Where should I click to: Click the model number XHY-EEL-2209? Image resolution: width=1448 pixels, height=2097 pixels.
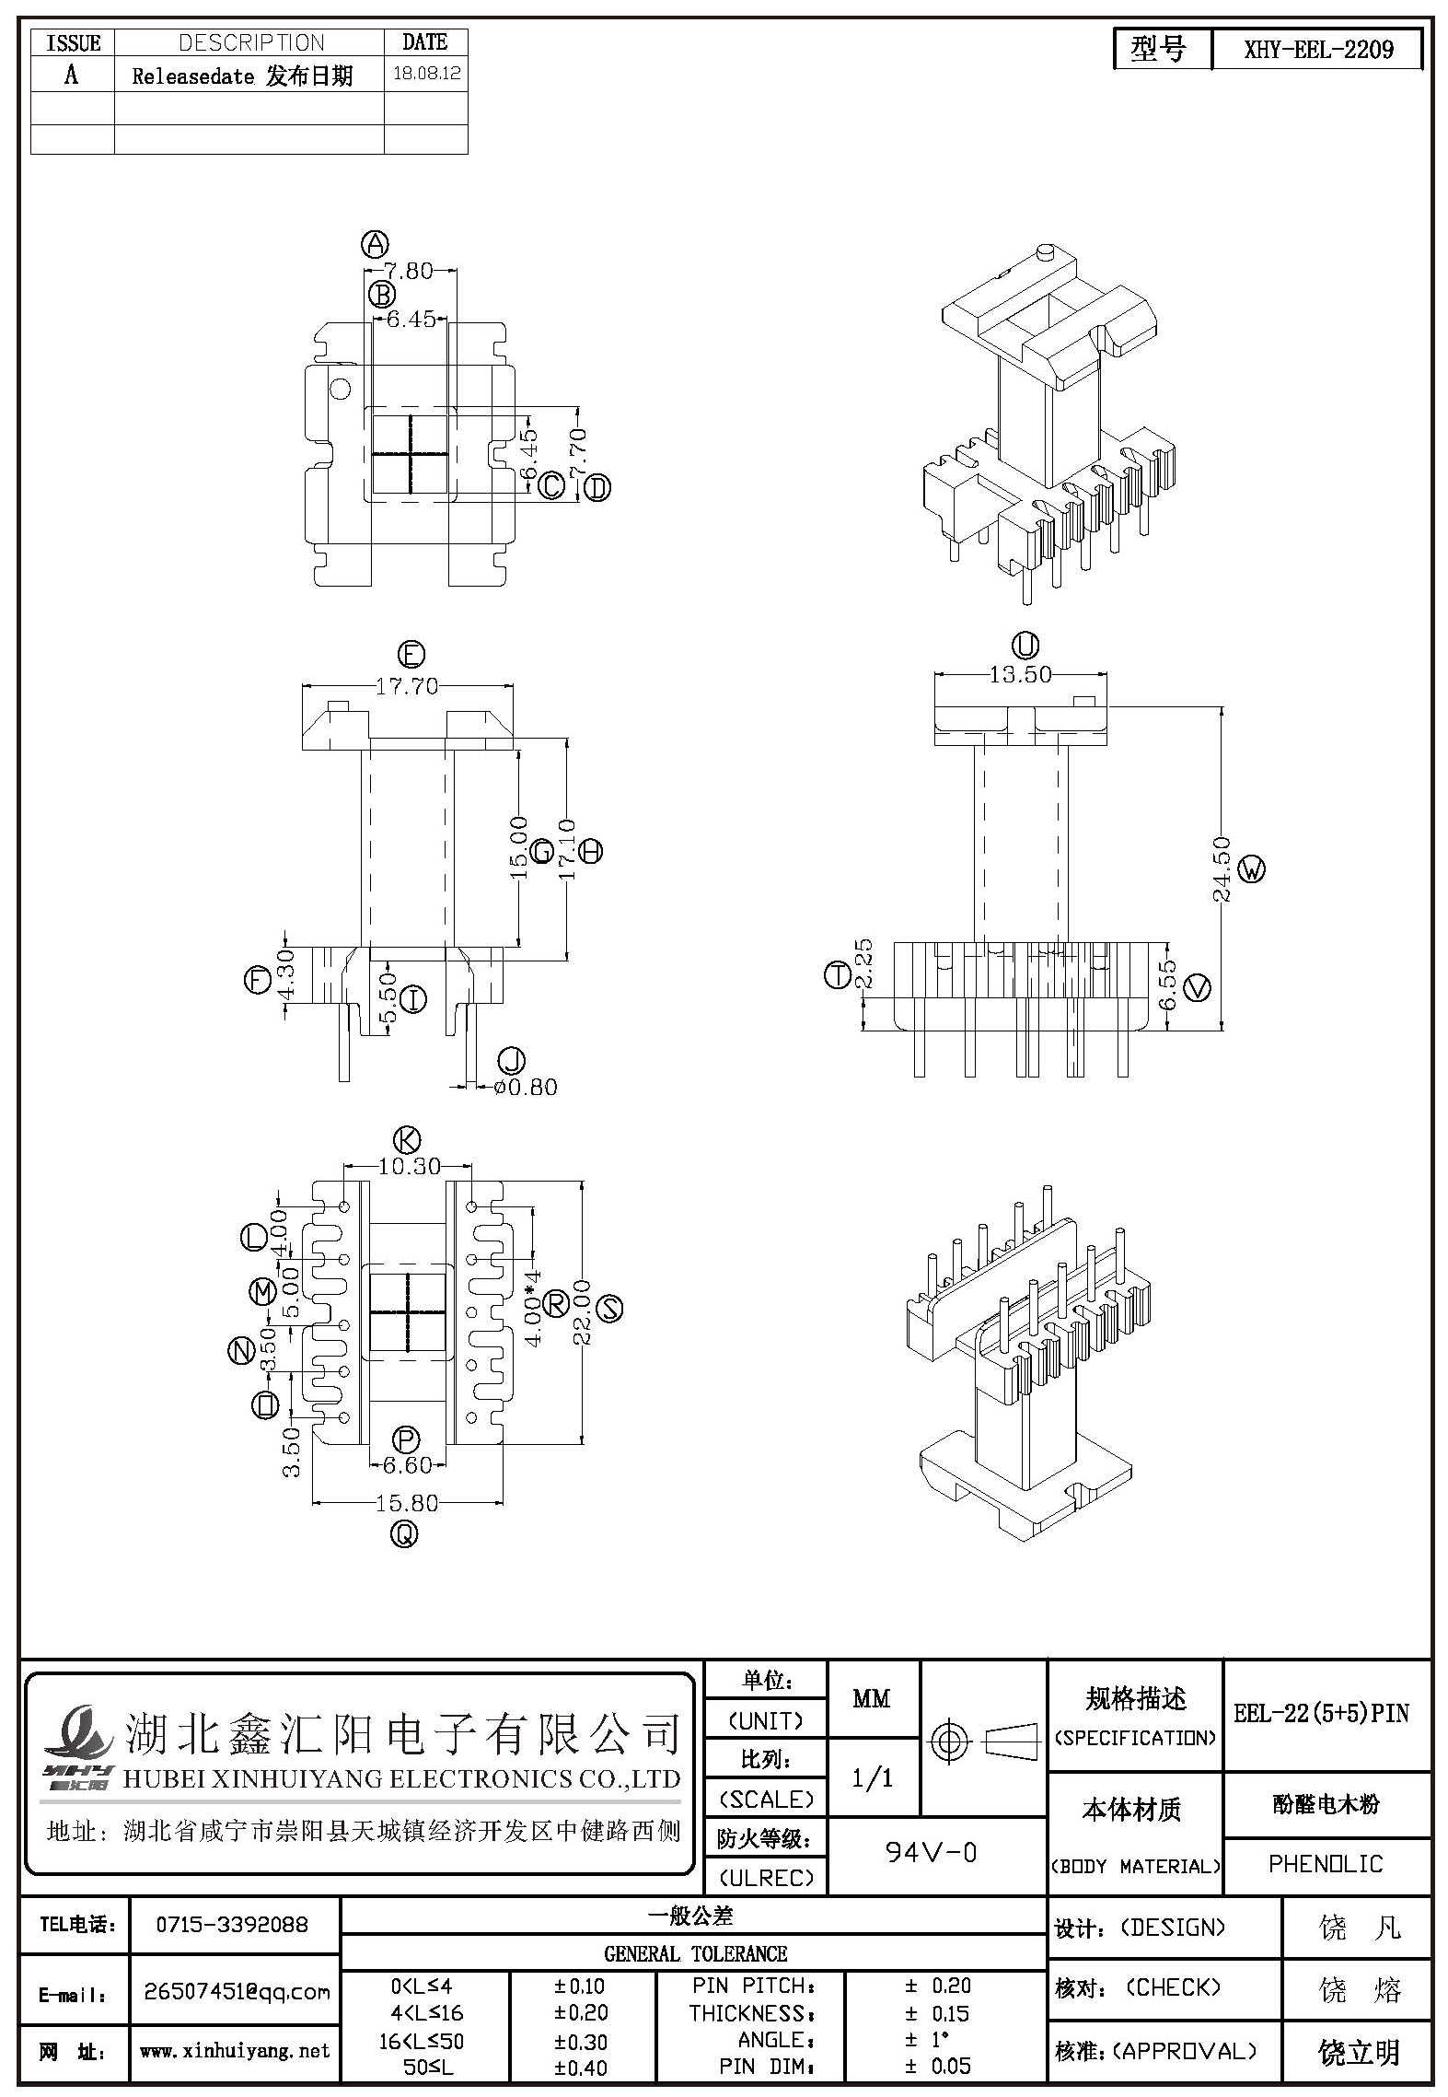[1318, 50]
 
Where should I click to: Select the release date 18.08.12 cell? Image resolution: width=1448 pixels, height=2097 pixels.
[426, 75]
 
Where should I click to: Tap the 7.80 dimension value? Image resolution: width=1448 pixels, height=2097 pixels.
[409, 271]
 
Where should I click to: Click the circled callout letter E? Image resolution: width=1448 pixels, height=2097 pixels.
[411, 655]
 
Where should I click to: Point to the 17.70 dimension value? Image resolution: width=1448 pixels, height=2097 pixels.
[407, 686]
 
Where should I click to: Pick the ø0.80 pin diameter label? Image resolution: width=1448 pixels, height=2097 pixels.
[526, 1087]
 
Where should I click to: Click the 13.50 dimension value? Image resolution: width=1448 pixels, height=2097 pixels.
[1020, 674]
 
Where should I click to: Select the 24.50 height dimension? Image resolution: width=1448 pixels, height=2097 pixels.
[1222, 868]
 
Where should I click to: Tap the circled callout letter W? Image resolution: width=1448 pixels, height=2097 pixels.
[1252, 868]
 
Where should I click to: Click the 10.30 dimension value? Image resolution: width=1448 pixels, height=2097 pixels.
[410, 1166]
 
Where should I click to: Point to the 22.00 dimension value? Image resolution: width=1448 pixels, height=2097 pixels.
[581, 1311]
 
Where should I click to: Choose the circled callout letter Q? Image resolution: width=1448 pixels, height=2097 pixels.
[405, 1534]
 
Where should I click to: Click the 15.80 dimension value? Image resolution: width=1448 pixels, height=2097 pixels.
[407, 1503]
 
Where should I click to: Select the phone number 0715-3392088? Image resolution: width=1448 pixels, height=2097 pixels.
[232, 1925]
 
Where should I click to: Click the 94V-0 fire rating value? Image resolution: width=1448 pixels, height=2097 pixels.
[931, 1852]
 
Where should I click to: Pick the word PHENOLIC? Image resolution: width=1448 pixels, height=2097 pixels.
[1326, 1864]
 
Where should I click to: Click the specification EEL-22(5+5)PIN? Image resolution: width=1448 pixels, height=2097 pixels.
[1322, 1713]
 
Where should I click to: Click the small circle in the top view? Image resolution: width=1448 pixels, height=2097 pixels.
[340, 389]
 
